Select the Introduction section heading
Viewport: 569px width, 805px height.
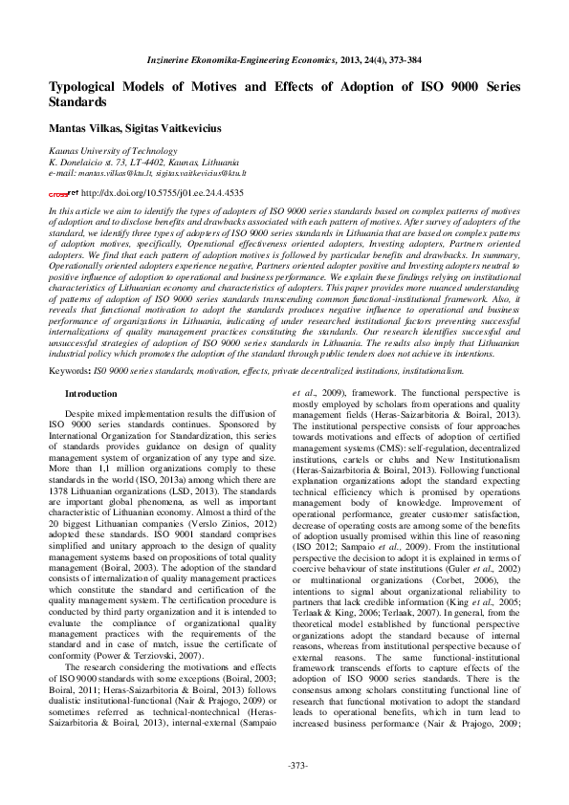(91, 393)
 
